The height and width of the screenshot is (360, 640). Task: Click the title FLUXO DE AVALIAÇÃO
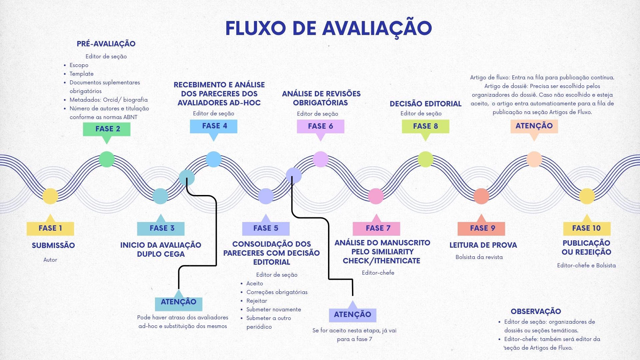[x=329, y=28]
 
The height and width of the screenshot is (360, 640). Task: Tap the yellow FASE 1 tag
[x=50, y=228]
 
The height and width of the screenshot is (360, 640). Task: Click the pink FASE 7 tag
[x=376, y=228]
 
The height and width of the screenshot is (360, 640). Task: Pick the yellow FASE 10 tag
[x=587, y=228]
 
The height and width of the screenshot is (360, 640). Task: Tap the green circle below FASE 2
[x=107, y=159]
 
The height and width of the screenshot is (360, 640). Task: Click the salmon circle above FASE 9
[x=481, y=196]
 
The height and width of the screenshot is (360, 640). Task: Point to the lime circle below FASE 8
[x=425, y=159]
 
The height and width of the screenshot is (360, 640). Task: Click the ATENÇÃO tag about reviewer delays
[x=179, y=301]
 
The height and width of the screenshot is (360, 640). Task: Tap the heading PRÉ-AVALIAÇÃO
[x=106, y=44]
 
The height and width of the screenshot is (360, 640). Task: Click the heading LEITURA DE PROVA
[x=483, y=245]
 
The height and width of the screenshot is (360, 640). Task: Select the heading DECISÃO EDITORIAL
[x=426, y=104]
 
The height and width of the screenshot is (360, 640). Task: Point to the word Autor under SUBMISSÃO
[x=50, y=260]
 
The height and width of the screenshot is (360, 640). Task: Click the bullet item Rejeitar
[x=257, y=301]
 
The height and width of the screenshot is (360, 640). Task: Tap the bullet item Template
[x=82, y=74]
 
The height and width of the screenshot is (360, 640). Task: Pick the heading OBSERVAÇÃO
[x=536, y=311]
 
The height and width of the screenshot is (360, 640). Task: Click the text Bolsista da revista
[x=479, y=257]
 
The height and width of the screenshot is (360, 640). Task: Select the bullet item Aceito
[x=255, y=283]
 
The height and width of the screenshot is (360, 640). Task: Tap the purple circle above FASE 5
[x=266, y=196]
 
